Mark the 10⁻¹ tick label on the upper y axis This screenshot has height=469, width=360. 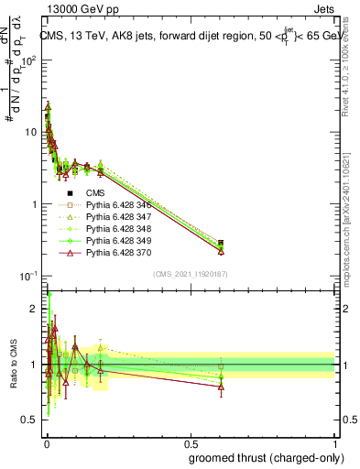tap(27, 275)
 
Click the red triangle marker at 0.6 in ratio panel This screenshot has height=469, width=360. tap(221, 387)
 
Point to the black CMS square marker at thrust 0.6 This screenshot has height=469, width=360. tap(221, 244)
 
